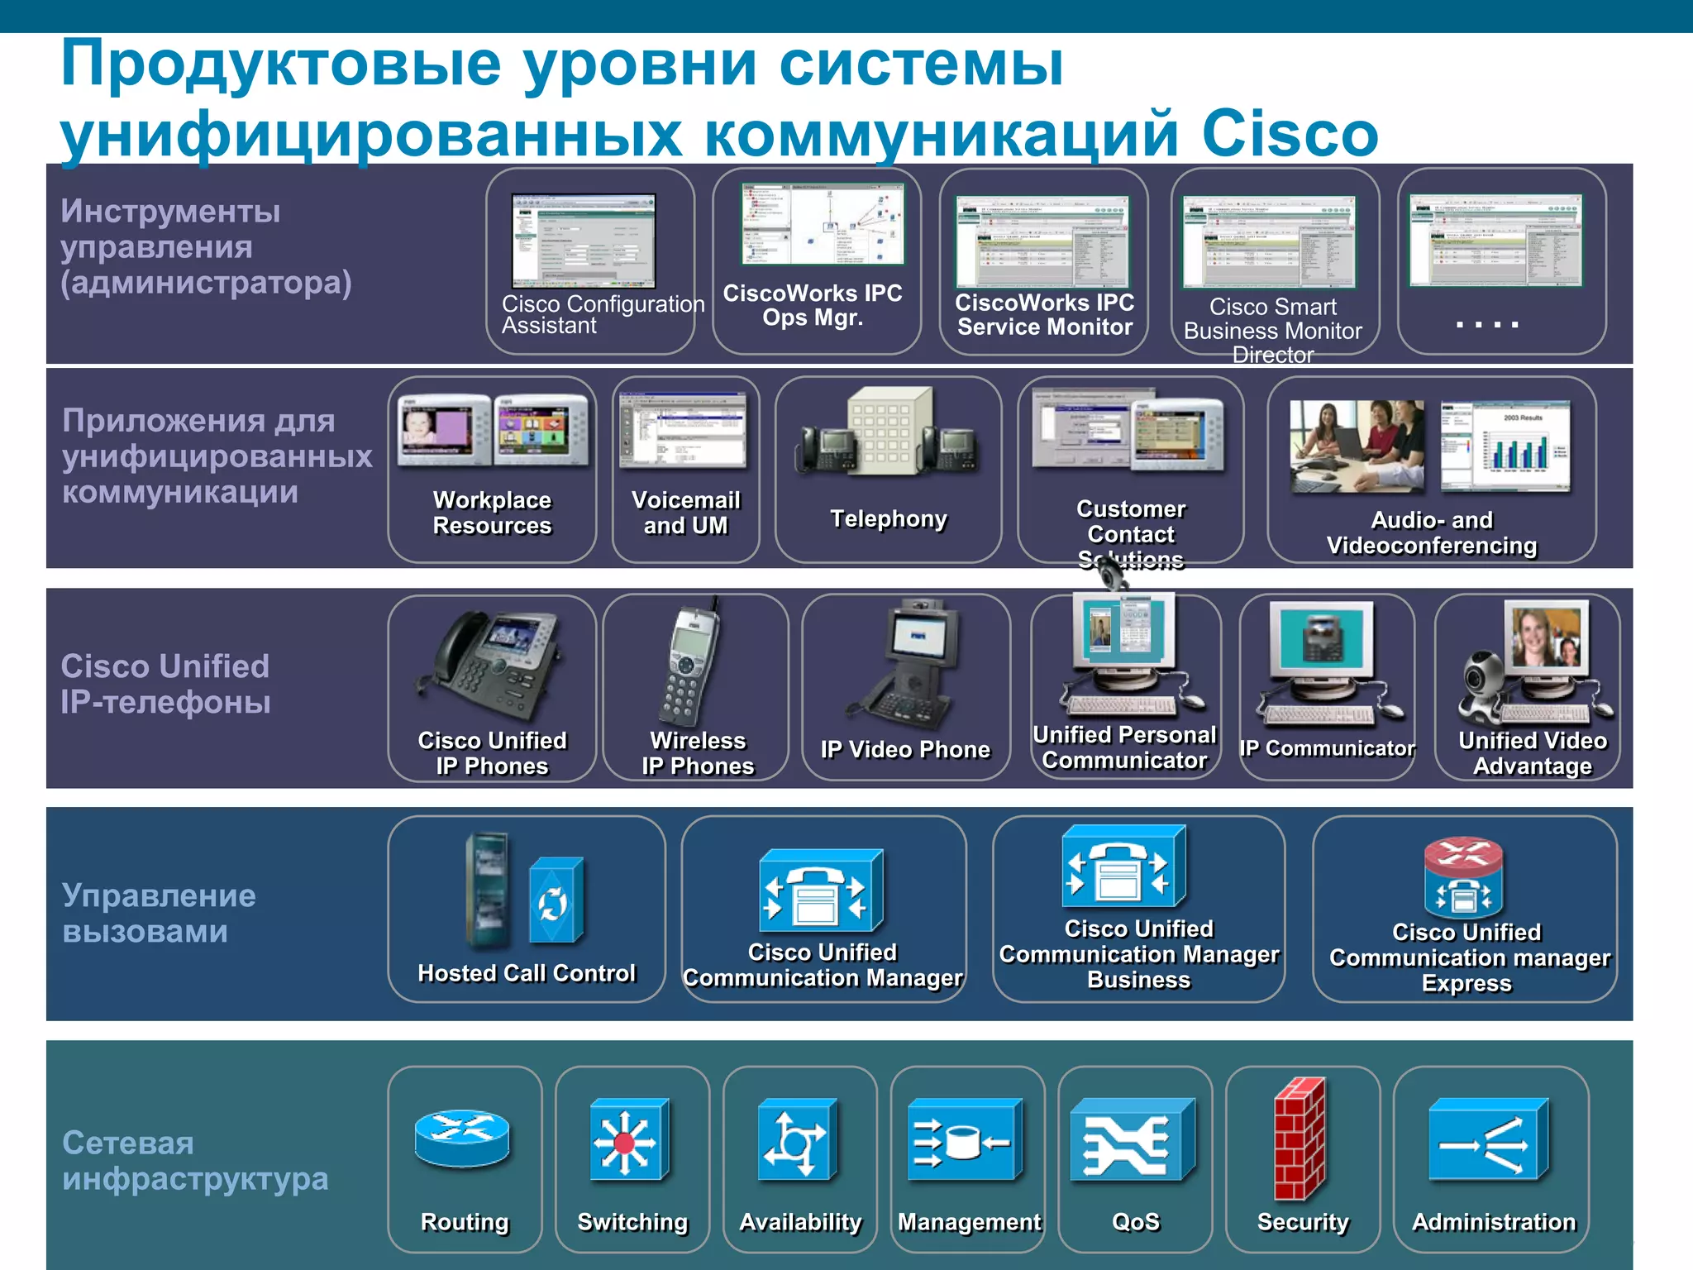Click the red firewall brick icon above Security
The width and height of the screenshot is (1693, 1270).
[x=1299, y=1139]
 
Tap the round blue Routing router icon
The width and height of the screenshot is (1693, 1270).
[x=462, y=1138]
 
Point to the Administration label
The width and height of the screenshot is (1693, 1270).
[x=1493, y=1221]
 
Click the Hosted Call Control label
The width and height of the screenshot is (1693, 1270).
[x=527, y=973]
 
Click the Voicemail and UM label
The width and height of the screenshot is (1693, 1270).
[x=685, y=513]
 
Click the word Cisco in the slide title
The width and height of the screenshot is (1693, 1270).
[x=1290, y=134]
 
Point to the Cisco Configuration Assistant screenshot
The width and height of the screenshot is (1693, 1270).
[x=583, y=241]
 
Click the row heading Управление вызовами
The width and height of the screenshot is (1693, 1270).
[x=159, y=913]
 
